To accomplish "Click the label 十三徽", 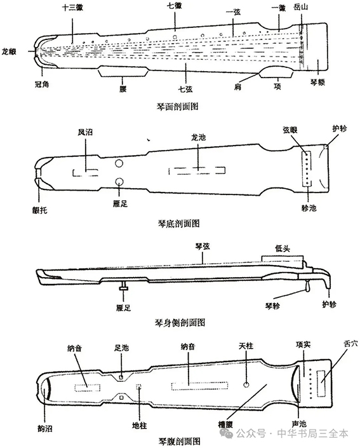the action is [72, 8].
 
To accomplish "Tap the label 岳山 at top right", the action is [300, 7].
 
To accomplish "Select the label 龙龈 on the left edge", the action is [9, 51].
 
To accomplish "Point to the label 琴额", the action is [317, 83].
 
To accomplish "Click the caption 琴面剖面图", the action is [177, 107].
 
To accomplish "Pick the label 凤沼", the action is [85, 132].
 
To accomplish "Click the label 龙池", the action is [198, 137].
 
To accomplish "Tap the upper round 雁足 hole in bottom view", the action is [119, 163].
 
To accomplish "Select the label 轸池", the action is [309, 208].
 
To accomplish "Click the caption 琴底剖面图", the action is [178, 223].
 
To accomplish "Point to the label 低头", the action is [283, 248].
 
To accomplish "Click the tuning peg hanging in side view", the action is [307, 286].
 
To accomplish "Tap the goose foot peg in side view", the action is [124, 287].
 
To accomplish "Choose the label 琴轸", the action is [272, 306].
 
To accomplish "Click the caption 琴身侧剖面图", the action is [180, 323].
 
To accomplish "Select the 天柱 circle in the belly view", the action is [246, 384].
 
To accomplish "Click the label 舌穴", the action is [350, 343].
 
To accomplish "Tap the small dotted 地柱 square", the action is [139, 386].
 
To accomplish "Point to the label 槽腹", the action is [225, 424].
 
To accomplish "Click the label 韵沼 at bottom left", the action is [45, 428].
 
